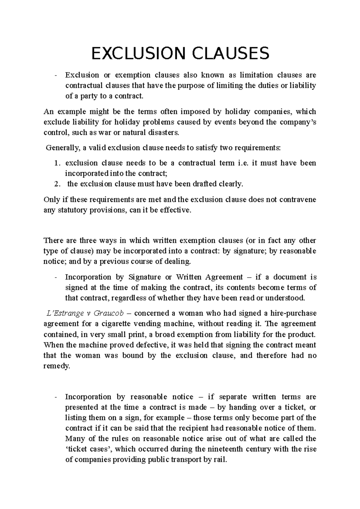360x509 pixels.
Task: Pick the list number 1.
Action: tap(57, 163)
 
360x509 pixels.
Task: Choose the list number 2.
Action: tap(57, 184)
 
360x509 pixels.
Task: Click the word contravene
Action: tap(297, 200)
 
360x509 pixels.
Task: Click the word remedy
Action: tap(56, 366)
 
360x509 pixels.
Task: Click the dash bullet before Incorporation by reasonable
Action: tap(56, 397)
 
